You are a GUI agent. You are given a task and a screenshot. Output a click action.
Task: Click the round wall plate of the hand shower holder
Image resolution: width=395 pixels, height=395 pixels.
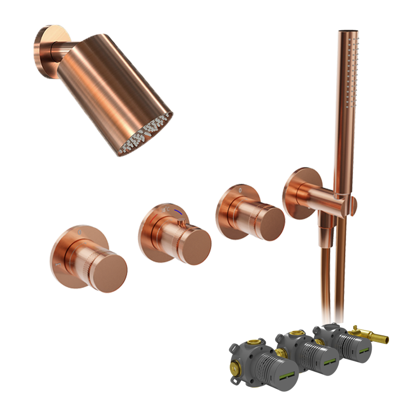(x=296, y=192)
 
